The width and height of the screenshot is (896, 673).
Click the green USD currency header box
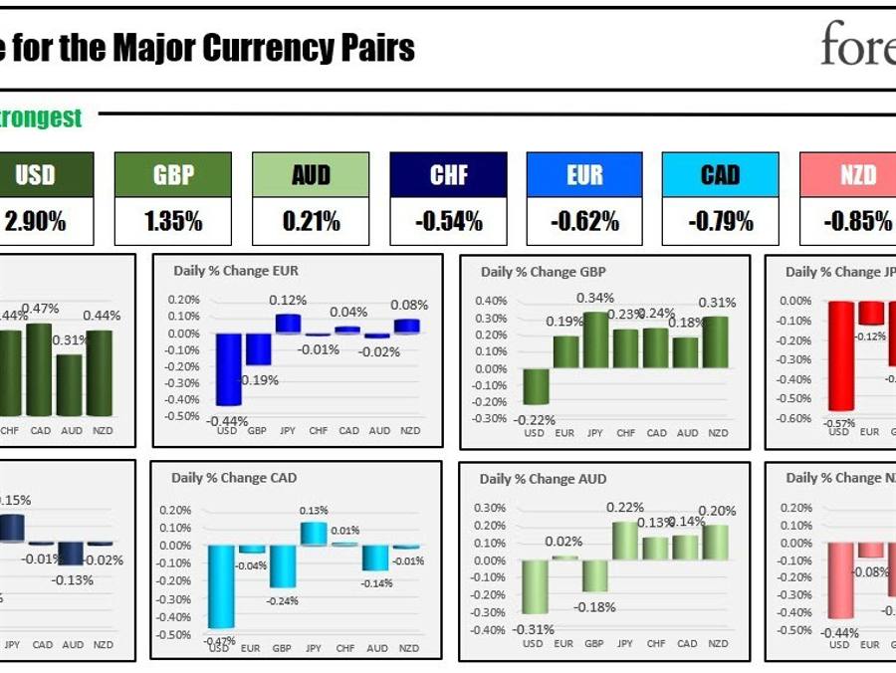(36, 175)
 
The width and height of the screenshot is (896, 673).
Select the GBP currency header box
(173, 175)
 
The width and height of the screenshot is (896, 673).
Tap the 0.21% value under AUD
(311, 221)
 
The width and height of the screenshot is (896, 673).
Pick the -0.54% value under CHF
(448, 221)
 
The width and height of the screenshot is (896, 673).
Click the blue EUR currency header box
(584, 175)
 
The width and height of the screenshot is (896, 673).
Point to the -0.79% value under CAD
(721, 221)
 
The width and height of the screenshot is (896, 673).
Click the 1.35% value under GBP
(173, 221)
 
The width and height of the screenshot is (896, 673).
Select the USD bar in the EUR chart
(228, 368)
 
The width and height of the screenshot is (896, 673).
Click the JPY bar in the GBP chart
(595, 339)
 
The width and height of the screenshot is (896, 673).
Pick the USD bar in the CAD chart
(221, 585)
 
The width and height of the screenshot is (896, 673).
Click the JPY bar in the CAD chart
(314, 533)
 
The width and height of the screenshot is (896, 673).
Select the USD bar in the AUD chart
(534, 586)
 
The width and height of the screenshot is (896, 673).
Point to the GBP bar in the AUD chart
(594, 575)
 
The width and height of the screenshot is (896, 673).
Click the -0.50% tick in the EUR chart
(183, 416)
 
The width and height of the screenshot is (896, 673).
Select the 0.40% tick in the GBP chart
(492, 301)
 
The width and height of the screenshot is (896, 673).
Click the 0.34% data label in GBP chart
(595, 298)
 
